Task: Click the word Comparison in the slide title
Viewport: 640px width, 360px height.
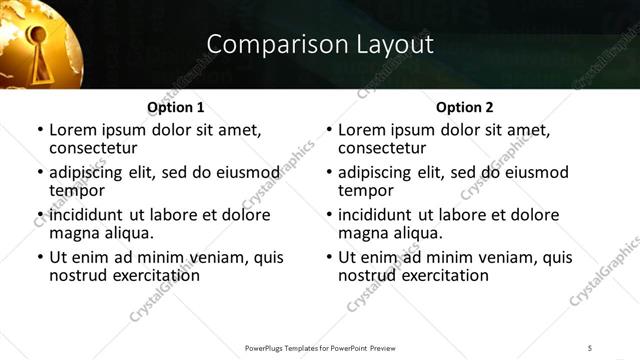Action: point(264,44)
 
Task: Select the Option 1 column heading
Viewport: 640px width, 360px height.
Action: point(175,107)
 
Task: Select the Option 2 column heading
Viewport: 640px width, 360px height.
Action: point(464,107)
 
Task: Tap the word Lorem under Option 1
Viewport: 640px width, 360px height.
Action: point(71,130)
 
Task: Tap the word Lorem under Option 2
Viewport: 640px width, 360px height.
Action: point(360,130)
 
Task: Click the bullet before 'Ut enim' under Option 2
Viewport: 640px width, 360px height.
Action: point(328,257)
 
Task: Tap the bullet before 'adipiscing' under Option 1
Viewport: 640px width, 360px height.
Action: point(39,172)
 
